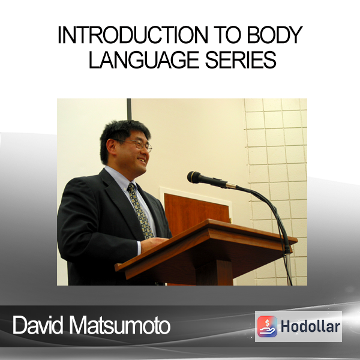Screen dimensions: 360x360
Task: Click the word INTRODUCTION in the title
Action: point(133,35)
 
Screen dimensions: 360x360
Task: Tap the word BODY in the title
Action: point(275,35)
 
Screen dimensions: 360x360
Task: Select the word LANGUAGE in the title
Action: point(144,59)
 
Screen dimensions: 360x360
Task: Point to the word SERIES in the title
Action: point(241,59)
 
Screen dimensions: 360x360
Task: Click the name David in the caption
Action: point(38,325)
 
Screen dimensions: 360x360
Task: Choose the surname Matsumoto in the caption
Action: point(119,325)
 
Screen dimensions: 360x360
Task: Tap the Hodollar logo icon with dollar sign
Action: point(267,326)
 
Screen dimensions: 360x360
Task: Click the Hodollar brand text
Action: point(310,326)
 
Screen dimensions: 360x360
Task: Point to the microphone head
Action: point(194,177)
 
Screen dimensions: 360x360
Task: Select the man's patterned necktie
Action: point(140,211)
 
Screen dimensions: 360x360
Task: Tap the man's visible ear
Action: point(111,147)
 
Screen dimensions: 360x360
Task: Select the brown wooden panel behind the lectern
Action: point(197,212)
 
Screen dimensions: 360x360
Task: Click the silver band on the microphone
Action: point(231,185)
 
